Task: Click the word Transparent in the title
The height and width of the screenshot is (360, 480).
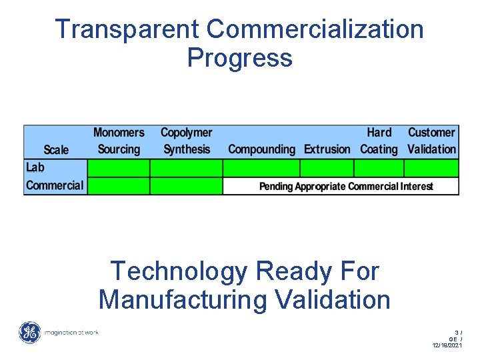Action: click(127, 29)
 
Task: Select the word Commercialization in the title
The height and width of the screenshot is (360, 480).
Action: click(315, 29)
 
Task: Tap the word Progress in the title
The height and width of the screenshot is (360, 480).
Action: click(239, 58)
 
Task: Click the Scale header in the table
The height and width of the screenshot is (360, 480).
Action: click(56, 149)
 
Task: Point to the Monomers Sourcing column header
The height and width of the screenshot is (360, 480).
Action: click(119, 141)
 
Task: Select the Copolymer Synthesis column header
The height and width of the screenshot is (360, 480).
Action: click(187, 141)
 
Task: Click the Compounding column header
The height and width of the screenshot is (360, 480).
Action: click(261, 149)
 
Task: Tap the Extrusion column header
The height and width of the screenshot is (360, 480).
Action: click(327, 149)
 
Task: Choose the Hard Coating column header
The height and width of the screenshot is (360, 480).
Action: click(379, 141)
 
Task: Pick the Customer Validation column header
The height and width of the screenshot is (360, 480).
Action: click(432, 141)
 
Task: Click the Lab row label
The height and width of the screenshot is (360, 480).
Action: click(35, 167)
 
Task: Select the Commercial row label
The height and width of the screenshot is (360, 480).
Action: click(55, 185)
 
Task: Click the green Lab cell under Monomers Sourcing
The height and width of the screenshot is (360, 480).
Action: click(119, 167)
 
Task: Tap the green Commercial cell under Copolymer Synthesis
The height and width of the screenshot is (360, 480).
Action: click(186, 186)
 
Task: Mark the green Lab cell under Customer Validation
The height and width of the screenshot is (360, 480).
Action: click(432, 167)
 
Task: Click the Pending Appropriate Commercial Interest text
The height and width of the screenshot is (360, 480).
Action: click(346, 187)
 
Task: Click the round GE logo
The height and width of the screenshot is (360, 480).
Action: click(30, 333)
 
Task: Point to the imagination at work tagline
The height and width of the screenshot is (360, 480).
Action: click(71, 332)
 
